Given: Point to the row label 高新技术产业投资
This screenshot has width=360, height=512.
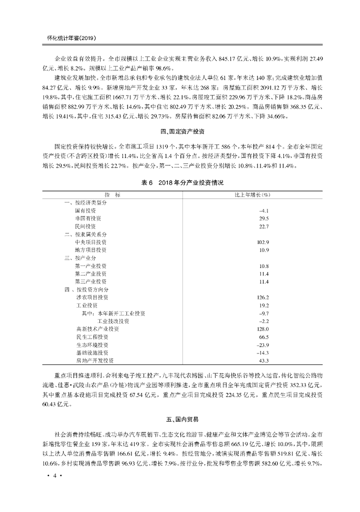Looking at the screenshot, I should click(x=97, y=329).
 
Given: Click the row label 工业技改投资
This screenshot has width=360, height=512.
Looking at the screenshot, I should click(x=113, y=321).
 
